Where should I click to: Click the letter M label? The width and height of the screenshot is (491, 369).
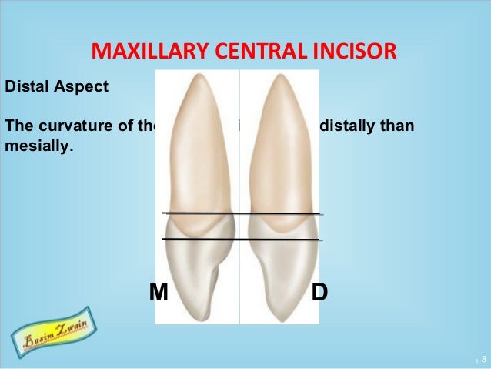coord(159,293)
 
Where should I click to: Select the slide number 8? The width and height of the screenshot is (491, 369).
coord(483,360)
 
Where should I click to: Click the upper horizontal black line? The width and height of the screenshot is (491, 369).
coord(241,213)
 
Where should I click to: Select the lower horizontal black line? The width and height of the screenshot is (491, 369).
coord(241,240)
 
